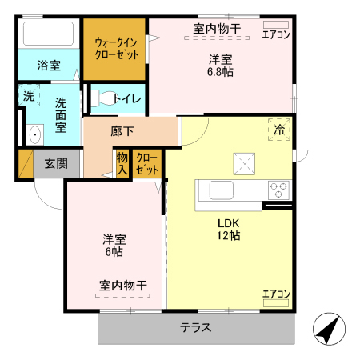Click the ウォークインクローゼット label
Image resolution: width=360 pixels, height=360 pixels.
point(117,47)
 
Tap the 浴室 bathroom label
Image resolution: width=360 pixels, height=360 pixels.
point(48,66)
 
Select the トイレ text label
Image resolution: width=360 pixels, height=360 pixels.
point(127,99)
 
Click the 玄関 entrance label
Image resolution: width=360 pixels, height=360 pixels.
point(55,164)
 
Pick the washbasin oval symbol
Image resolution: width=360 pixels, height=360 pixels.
point(34,134)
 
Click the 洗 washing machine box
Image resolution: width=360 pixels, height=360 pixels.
point(29,96)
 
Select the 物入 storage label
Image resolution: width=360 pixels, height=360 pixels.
point(122,163)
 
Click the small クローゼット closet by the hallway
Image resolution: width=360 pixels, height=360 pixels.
point(146,163)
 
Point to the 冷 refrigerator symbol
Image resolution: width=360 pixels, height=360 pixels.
point(279,129)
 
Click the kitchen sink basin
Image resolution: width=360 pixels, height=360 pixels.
point(221,190)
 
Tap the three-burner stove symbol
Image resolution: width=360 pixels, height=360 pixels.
point(278,190)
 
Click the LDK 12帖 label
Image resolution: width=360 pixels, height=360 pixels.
point(229,230)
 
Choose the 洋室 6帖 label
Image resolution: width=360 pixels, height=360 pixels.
point(112,245)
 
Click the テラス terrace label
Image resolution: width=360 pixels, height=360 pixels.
point(195,326)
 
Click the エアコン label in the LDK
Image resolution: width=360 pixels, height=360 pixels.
point(276,294)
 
